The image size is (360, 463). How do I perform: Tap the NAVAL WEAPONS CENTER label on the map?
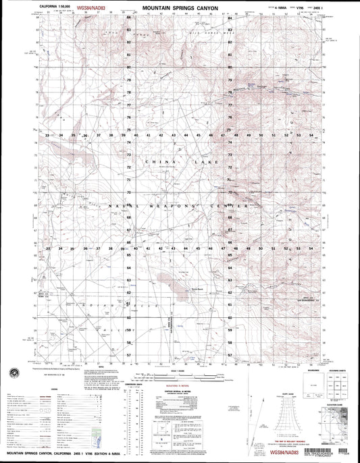click(179, 205)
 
